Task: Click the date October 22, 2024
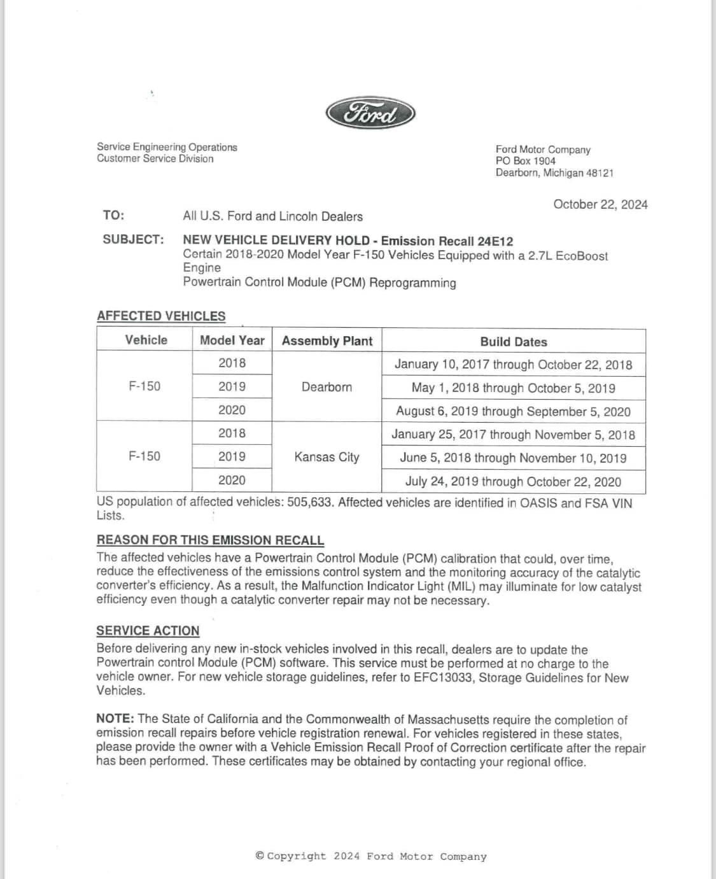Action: (600, 204)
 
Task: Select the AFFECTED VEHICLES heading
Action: (161, 316)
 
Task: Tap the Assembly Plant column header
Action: (326, 341)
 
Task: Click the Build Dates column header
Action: (513, 341)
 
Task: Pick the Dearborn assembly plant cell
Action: (326, 387)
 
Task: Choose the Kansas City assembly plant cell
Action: (326, 457)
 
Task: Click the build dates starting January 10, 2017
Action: (513, 364)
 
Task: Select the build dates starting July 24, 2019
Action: (513, 481)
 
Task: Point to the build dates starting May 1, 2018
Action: (513, 388)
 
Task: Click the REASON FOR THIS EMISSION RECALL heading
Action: (210, 540)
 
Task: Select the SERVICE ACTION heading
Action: (148, 631)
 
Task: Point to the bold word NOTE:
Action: (115, 719)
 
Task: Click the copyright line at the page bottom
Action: (370, 856)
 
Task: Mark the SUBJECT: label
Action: (133, 239)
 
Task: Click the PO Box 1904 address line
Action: (525, 161)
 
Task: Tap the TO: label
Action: (113, 215)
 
